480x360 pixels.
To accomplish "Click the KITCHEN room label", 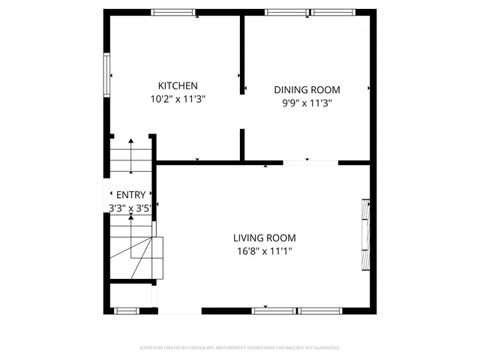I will click(x=177, y=85).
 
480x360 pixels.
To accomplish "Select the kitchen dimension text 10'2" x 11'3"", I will click(x=177, y=98).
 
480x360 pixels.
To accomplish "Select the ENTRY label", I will click(x=130, y=195).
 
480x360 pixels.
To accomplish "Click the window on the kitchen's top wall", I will click(x=173, y=12).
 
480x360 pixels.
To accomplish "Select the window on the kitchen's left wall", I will click(x=107, y=75).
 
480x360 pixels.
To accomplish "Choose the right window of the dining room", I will click(x=333, y=12).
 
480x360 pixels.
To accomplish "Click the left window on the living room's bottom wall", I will click(x=274, y=310).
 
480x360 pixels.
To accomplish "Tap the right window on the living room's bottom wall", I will click(x=320, y=310).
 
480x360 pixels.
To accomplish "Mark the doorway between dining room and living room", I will click(x=310, y=162).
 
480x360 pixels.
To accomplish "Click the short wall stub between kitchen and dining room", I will click(x=242, y=144).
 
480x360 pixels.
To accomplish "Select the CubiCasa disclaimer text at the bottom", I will click(x=240, y=348).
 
